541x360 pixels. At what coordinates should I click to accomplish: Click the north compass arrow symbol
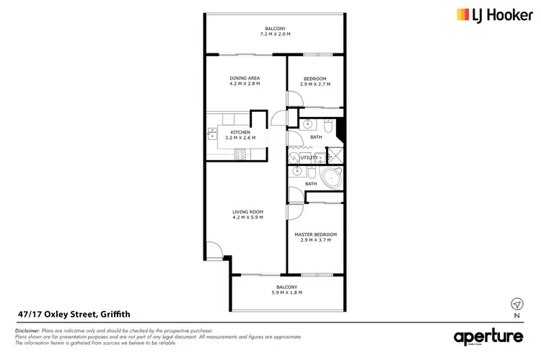(516, 303)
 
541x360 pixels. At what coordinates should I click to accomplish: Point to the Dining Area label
(245, 78)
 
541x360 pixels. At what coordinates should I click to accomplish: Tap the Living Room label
(247, 211)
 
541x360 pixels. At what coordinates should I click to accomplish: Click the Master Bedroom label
(315, 234)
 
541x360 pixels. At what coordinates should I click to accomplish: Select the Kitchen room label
(240, 133)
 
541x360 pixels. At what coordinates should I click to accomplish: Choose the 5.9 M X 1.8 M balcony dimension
(286, 293)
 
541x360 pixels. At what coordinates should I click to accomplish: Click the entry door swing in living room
(211, 251)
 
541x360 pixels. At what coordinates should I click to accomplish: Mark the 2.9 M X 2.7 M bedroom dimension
(315, 84)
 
